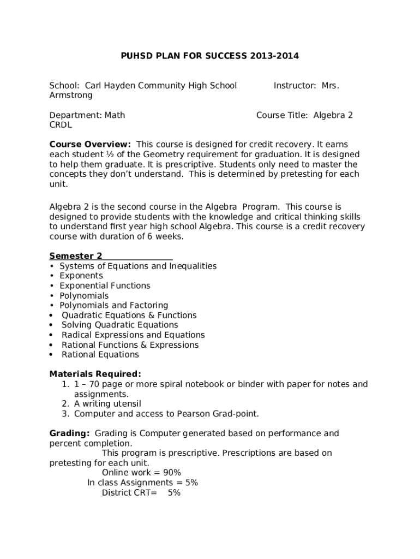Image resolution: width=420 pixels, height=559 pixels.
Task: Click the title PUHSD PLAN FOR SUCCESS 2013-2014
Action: pos(209,56)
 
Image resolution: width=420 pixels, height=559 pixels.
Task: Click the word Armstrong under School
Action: pos(71,95)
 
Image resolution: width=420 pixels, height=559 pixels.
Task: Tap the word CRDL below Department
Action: pos(61,125)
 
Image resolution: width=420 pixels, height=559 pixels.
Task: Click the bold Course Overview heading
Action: pos(90,145)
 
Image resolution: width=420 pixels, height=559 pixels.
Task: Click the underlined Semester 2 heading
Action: pos(76,256)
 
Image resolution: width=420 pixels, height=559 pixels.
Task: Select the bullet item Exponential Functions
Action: pos(105,286)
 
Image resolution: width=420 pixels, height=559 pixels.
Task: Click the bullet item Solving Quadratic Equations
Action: pos(119,325)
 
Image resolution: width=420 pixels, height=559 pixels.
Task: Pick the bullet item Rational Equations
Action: pos(100,354)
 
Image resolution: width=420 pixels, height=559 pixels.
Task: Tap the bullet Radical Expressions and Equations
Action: pos(133,335)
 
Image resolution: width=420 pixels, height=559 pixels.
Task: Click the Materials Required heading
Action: pos(95,374)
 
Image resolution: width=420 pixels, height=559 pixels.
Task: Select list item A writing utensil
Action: pos(107,403)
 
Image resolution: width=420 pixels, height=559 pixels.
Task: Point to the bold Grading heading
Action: pos(69,433)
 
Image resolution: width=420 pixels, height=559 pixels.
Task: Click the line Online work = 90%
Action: pos(141,473)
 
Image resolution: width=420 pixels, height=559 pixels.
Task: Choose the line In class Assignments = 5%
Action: pos(142,483)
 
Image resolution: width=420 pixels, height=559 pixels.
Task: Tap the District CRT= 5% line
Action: pos(141,492)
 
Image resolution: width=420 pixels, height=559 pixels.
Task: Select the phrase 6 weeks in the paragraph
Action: pos(167,236)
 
